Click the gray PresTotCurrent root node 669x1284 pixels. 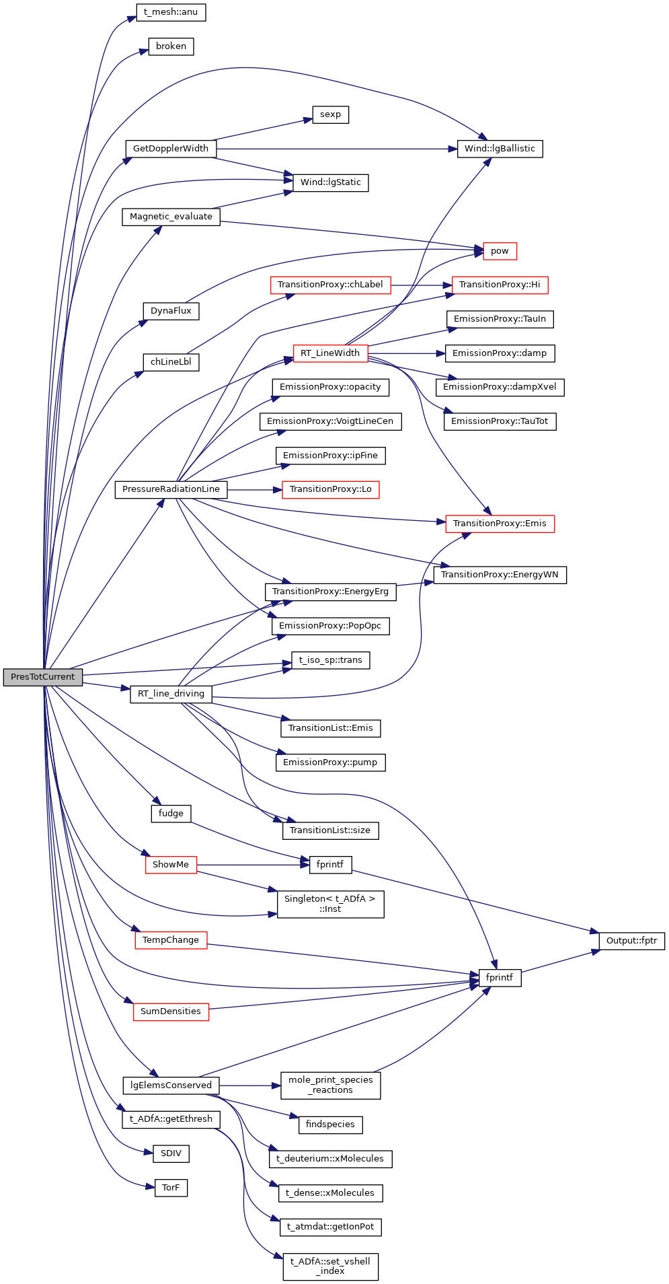click(x=43, y=677)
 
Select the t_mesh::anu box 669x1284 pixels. click(x=171, y=12)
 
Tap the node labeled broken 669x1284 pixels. click(x=171, y=46)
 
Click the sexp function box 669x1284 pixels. click(x=330, y=114)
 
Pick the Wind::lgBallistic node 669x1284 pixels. click(x=500, y=149)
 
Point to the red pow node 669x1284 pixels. click(x=500, y=251)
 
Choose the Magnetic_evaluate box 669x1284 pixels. click(x=171, y=217)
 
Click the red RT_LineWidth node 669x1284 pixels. click(x=330, y=353)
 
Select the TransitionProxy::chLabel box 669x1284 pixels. click(x=330, y=285)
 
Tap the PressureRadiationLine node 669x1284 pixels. click(x=171, y=489)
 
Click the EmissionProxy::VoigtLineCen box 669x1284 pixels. click(x=330, y=421)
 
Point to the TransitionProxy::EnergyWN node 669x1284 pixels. click(x=500, y=575)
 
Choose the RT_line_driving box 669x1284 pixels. click(x=171, y=694)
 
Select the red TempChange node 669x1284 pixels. click(x=171, y=940)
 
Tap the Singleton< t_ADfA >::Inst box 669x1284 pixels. click(x=330, y=904)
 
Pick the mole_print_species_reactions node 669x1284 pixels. click(x=330, y=1085)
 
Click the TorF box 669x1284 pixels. click(x=171, y=1188)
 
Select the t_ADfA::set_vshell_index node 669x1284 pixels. click(x=330, y=1266)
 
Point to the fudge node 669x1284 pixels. click(x=171, y=814)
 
